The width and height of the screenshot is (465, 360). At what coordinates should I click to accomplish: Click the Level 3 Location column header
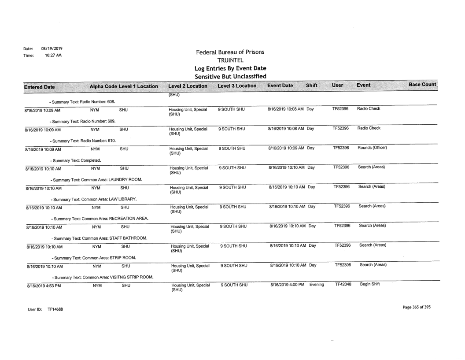pyautogui.click(x=237, y=85)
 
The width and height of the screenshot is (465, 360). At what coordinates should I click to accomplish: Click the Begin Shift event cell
pyautogui.click(x=369, y=286)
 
